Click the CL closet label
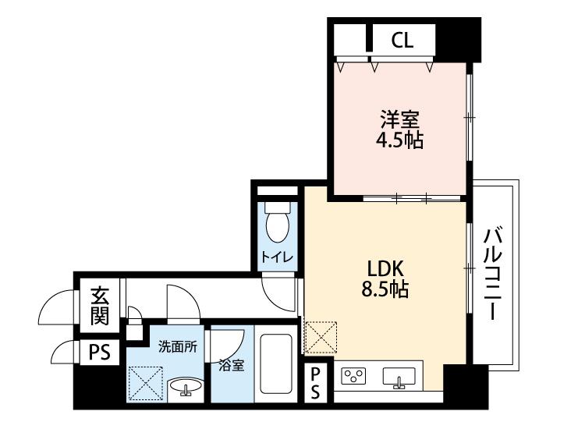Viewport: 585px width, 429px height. [x=402, y=40]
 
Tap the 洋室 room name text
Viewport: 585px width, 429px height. [x=399, y=119]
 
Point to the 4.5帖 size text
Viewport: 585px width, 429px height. [x=399, y=140]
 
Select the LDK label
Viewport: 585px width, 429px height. [x=385, y=268]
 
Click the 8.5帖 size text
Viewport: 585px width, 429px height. [x=385, y=289]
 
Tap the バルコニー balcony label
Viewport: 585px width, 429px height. [x=493, y=273]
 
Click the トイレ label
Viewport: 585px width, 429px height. [x=277, y=257]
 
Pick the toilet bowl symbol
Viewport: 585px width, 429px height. [x=277, y=222]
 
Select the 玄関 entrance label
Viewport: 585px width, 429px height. [x=100, y=306]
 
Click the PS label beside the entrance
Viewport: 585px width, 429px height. [x=100, y=352]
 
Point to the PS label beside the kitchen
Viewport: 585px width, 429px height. [x=315, y=383]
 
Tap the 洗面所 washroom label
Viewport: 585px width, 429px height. [x=178, y=347]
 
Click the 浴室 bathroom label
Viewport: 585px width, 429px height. [x=232, y=366]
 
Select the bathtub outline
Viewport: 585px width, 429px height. [x=276, y=363]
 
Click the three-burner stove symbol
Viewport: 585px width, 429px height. [x=353, y=376]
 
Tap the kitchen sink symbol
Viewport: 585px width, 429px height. [x=399, y=378]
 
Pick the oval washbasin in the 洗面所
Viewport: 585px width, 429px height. [x=186, y=387]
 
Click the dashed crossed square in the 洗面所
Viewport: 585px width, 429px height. [x=146, y=383]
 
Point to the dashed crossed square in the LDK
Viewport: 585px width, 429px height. [x=321, y=338]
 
